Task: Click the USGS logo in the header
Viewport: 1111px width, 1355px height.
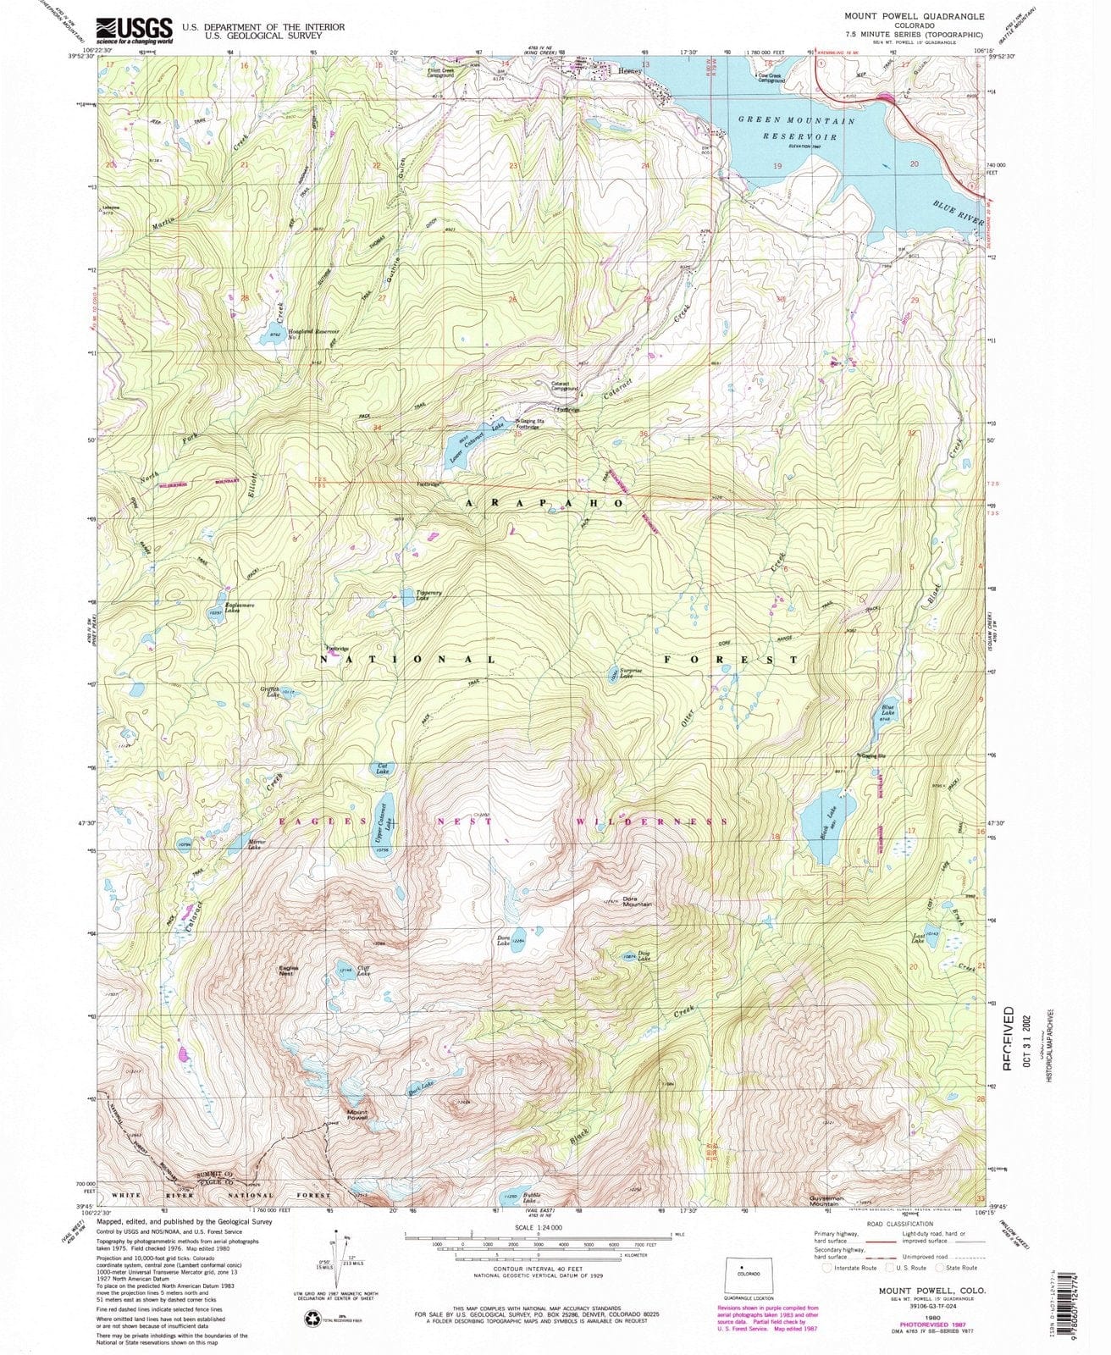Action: click(x=134, y=30)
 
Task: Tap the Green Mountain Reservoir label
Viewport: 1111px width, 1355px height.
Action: click(x=797, y=128)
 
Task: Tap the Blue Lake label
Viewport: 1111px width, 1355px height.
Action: click(x=887, y=711)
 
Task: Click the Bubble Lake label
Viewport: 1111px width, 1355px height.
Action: click(x=530, y=1199)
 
